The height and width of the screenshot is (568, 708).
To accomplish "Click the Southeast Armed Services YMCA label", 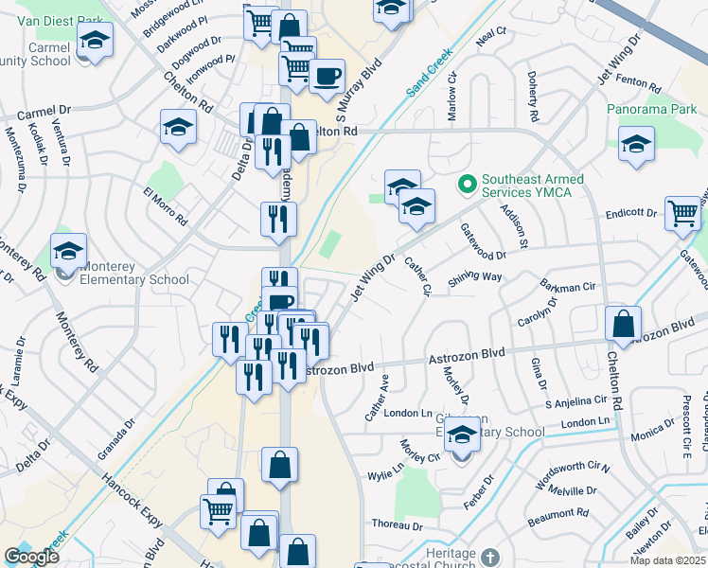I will click(533, 186).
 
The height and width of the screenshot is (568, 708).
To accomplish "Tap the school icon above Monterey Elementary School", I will click(68, 252).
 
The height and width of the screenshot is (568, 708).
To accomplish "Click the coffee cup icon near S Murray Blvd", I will click(327, 77).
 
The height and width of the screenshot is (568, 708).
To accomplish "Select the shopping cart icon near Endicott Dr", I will click(682, 214).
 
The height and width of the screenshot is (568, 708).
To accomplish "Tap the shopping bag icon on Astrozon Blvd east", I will click(624, 325).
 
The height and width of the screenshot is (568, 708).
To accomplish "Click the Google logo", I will click(32, 558).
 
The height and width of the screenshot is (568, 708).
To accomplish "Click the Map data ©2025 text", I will click(665, 560).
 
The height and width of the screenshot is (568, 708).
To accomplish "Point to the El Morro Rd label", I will click(165, 205).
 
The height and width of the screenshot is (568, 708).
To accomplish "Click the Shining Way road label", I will click(475, 276).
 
